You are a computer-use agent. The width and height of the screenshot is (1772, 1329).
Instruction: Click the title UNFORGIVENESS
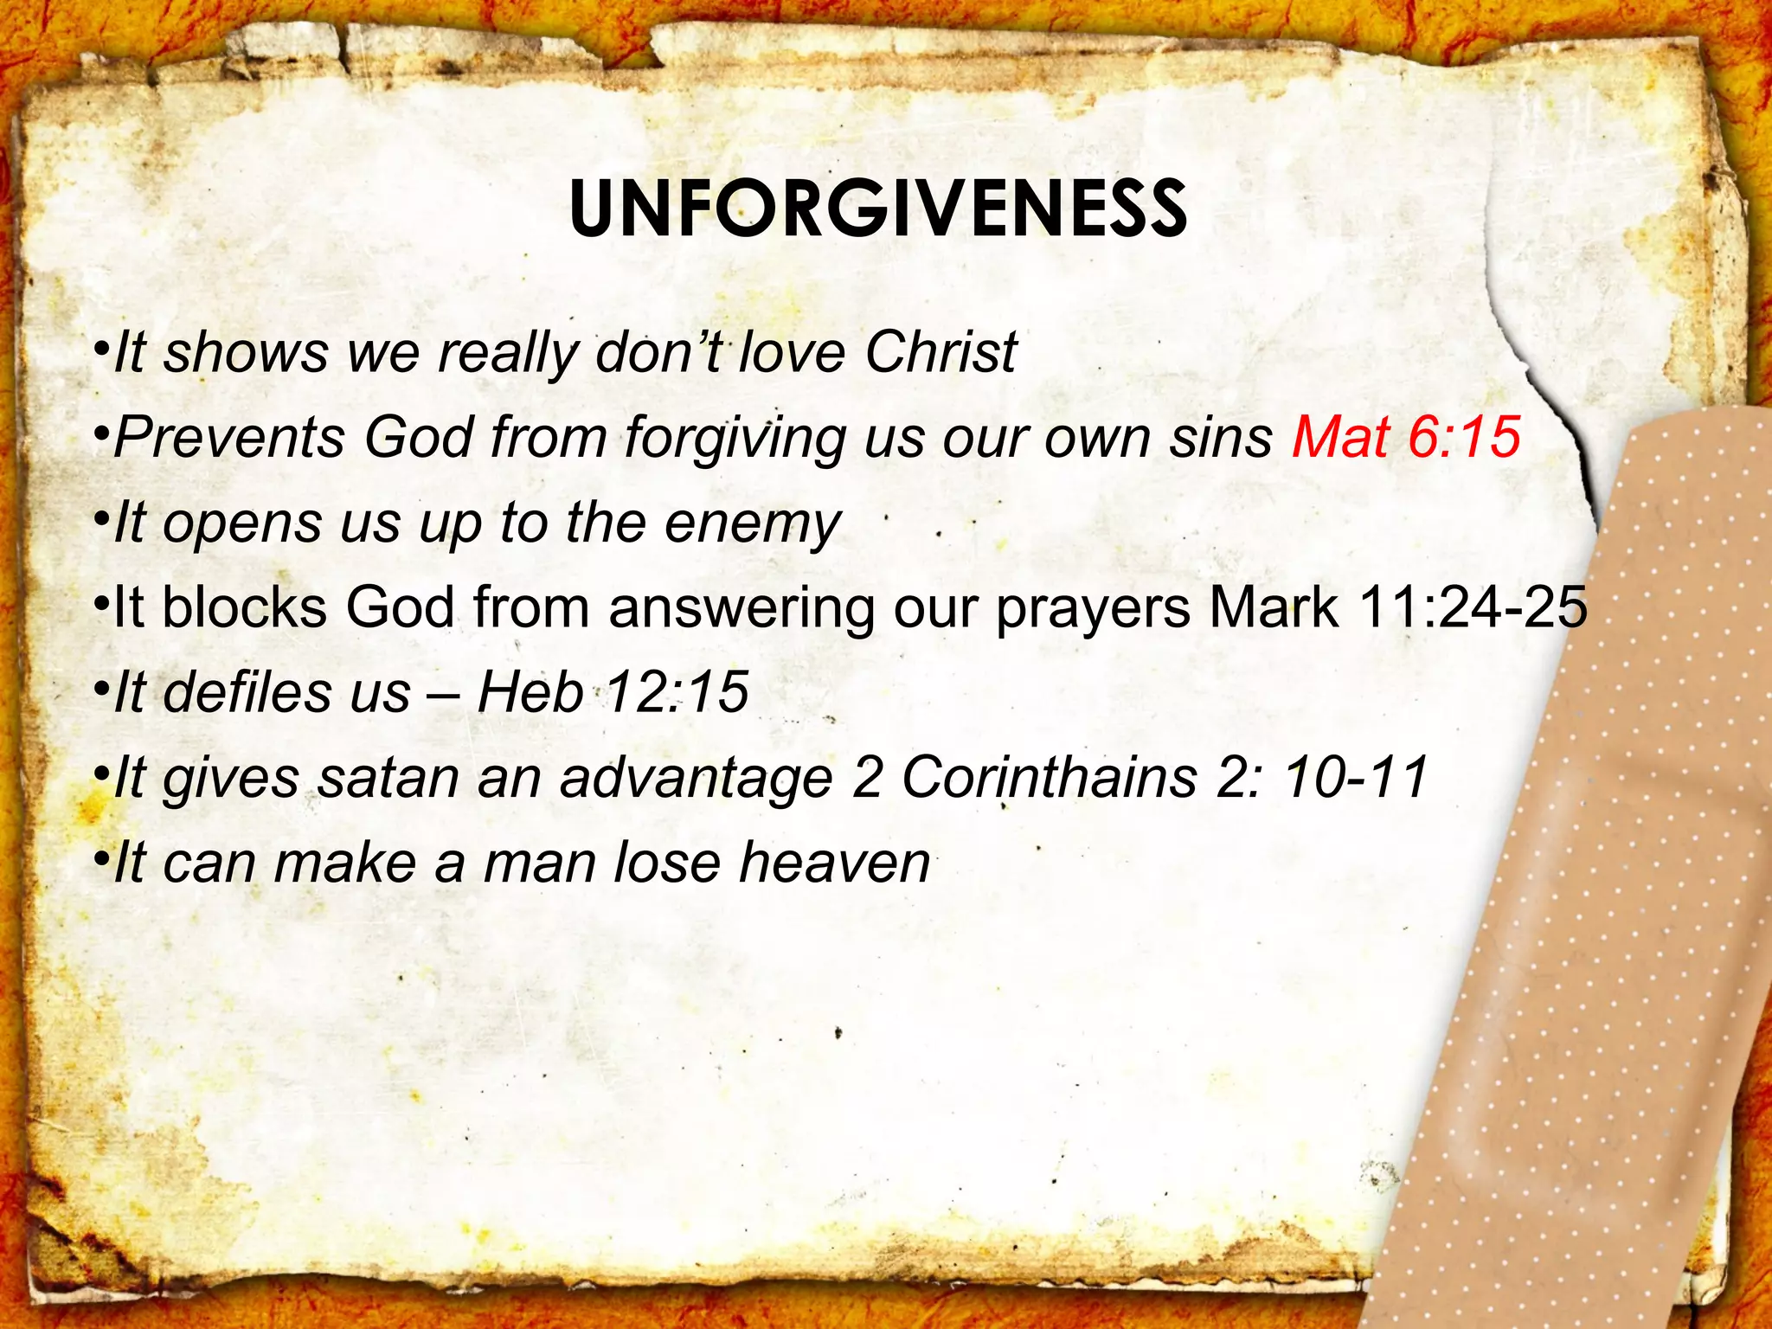877,210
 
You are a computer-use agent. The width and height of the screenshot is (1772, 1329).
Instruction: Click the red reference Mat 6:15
1406,437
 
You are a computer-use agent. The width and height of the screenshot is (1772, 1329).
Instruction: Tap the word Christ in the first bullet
941,353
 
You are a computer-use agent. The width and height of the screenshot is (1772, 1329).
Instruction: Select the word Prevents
228,437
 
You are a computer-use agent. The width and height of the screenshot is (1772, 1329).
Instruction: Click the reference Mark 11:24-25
1397,607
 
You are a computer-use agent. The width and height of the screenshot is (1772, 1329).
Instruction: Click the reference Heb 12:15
612,692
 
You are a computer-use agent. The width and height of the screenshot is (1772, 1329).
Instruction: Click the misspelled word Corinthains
1050,778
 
